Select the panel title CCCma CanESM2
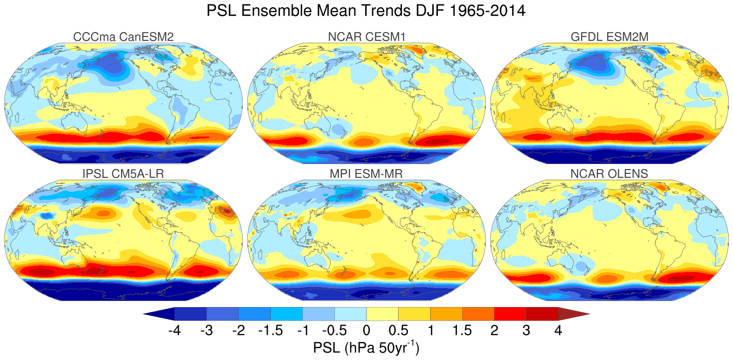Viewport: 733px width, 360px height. point(123,37)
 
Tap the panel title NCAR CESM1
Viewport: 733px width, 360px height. point(366,37)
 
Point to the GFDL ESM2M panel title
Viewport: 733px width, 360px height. point(609,37)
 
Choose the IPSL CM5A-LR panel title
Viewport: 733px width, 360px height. point(123,174)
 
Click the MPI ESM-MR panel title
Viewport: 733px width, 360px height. point(366,174)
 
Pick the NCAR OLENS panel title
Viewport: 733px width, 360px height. point(609,174)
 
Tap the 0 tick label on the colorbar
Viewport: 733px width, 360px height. point(366,331)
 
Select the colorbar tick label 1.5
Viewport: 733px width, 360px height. point(462,331)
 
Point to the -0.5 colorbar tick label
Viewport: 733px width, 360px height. point(333,331)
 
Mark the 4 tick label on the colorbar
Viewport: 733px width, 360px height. point(558,331)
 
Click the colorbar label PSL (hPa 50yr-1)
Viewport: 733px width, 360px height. point(366,348)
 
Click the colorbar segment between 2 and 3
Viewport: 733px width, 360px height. point(510,314)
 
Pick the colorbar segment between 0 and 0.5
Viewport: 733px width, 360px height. point(382,314)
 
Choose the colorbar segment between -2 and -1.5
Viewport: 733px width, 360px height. point(254,314)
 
